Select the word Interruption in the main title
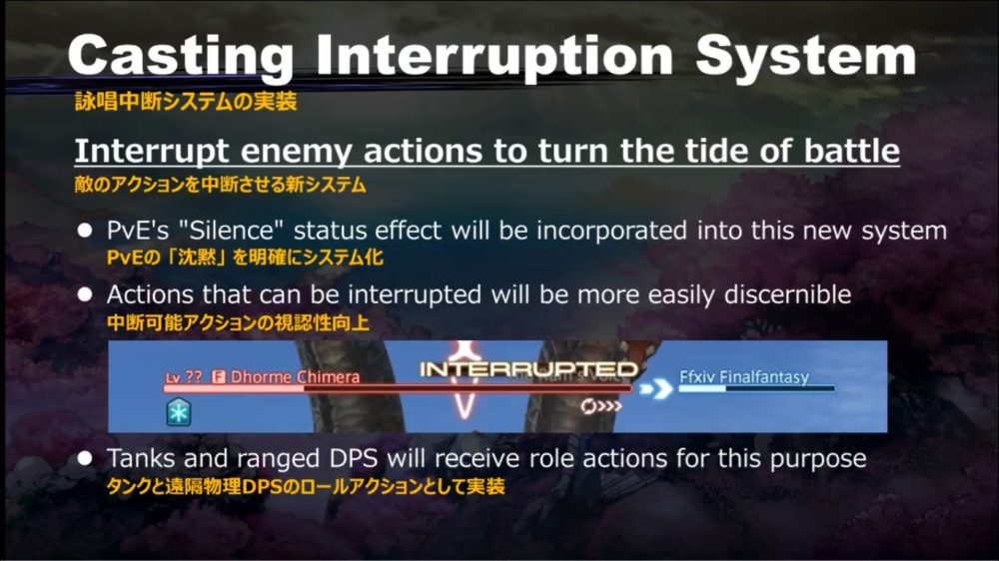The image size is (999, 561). pyautogui.click(x=495, y=55)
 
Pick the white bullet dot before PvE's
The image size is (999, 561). pyautogui.click(x=85, y=230)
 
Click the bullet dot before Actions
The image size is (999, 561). pyautogui.click(x=85, y=294)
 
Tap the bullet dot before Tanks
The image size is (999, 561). pyautogui.click(x=85, y=458)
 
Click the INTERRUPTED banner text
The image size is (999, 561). pyautogui.click(x=528, y=369)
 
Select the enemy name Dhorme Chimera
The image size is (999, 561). pyautogui.click(x=295, y=377)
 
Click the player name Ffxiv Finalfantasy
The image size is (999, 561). pyautogui.click(x=744, y=377)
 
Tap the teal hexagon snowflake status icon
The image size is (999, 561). pyautogui.click(x=179, y=412)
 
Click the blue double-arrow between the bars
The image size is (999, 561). pyautogui.click(x=655, y=388)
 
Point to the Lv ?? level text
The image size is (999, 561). pyautogui.click(x=184, y=377)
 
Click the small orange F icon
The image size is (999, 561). pyautogui.click(x=219, y=377)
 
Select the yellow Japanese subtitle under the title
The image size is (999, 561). pyautogui.click(x=186, y=101)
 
